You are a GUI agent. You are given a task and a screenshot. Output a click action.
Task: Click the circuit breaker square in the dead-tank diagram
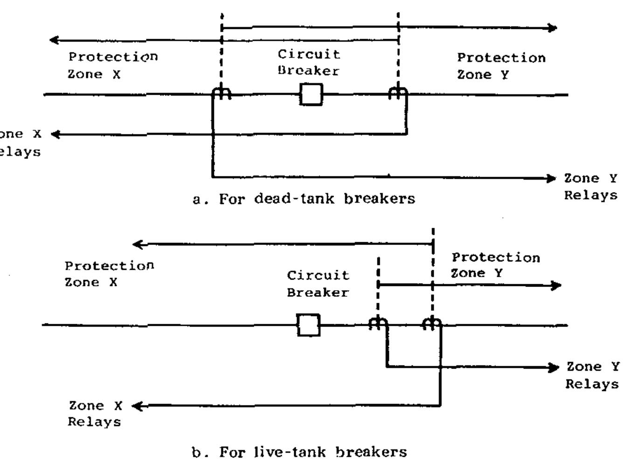pyautogui.click(x=311, y=95)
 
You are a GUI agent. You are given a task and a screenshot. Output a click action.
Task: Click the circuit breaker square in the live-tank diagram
pyautogui.click(x=309, y=325)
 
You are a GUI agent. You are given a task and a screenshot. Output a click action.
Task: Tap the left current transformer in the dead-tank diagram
pyautogui.click(x=222, y=93)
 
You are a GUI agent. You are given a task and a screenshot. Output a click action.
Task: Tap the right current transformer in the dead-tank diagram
pyautogui.click(x=398, y=93)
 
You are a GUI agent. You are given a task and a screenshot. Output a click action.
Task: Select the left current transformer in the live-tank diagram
pyautogui.click(x=378, y=323)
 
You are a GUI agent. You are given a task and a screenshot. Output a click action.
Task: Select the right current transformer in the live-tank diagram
pyautogui.click(x=432, y=323)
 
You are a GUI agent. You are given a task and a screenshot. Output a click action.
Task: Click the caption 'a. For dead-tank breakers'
pyautogui.click(x=304, y=199)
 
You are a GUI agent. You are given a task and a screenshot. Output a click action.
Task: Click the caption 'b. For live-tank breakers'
pyautogui.click(x=299, y=452)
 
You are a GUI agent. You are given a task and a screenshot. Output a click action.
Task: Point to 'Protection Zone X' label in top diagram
pyautogui.click(x=113, y=65)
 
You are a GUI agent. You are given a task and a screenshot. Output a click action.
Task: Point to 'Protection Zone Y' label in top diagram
pyautogui.click(x=501, y=66)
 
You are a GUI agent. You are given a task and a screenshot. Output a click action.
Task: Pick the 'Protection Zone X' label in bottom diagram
pyautogui.click(x=109, y=274)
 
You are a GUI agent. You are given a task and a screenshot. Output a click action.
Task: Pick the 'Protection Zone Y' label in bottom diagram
pyautogui.click(x=495, y=265)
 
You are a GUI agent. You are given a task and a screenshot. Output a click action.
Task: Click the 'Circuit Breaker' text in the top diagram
pyautogui.click(x=309, y=63)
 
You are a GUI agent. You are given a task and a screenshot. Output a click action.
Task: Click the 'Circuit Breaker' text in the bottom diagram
pyautogui.click(x=318, y=284)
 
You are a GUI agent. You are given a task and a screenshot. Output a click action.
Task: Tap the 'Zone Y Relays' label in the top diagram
pyautogui.click(x=590, y=187)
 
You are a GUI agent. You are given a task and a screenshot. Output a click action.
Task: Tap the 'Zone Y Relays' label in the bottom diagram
pyautogui.click(x=592, y=375)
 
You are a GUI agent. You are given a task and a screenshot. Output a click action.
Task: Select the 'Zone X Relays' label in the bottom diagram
pyautogui.click(x=95, y=413)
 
